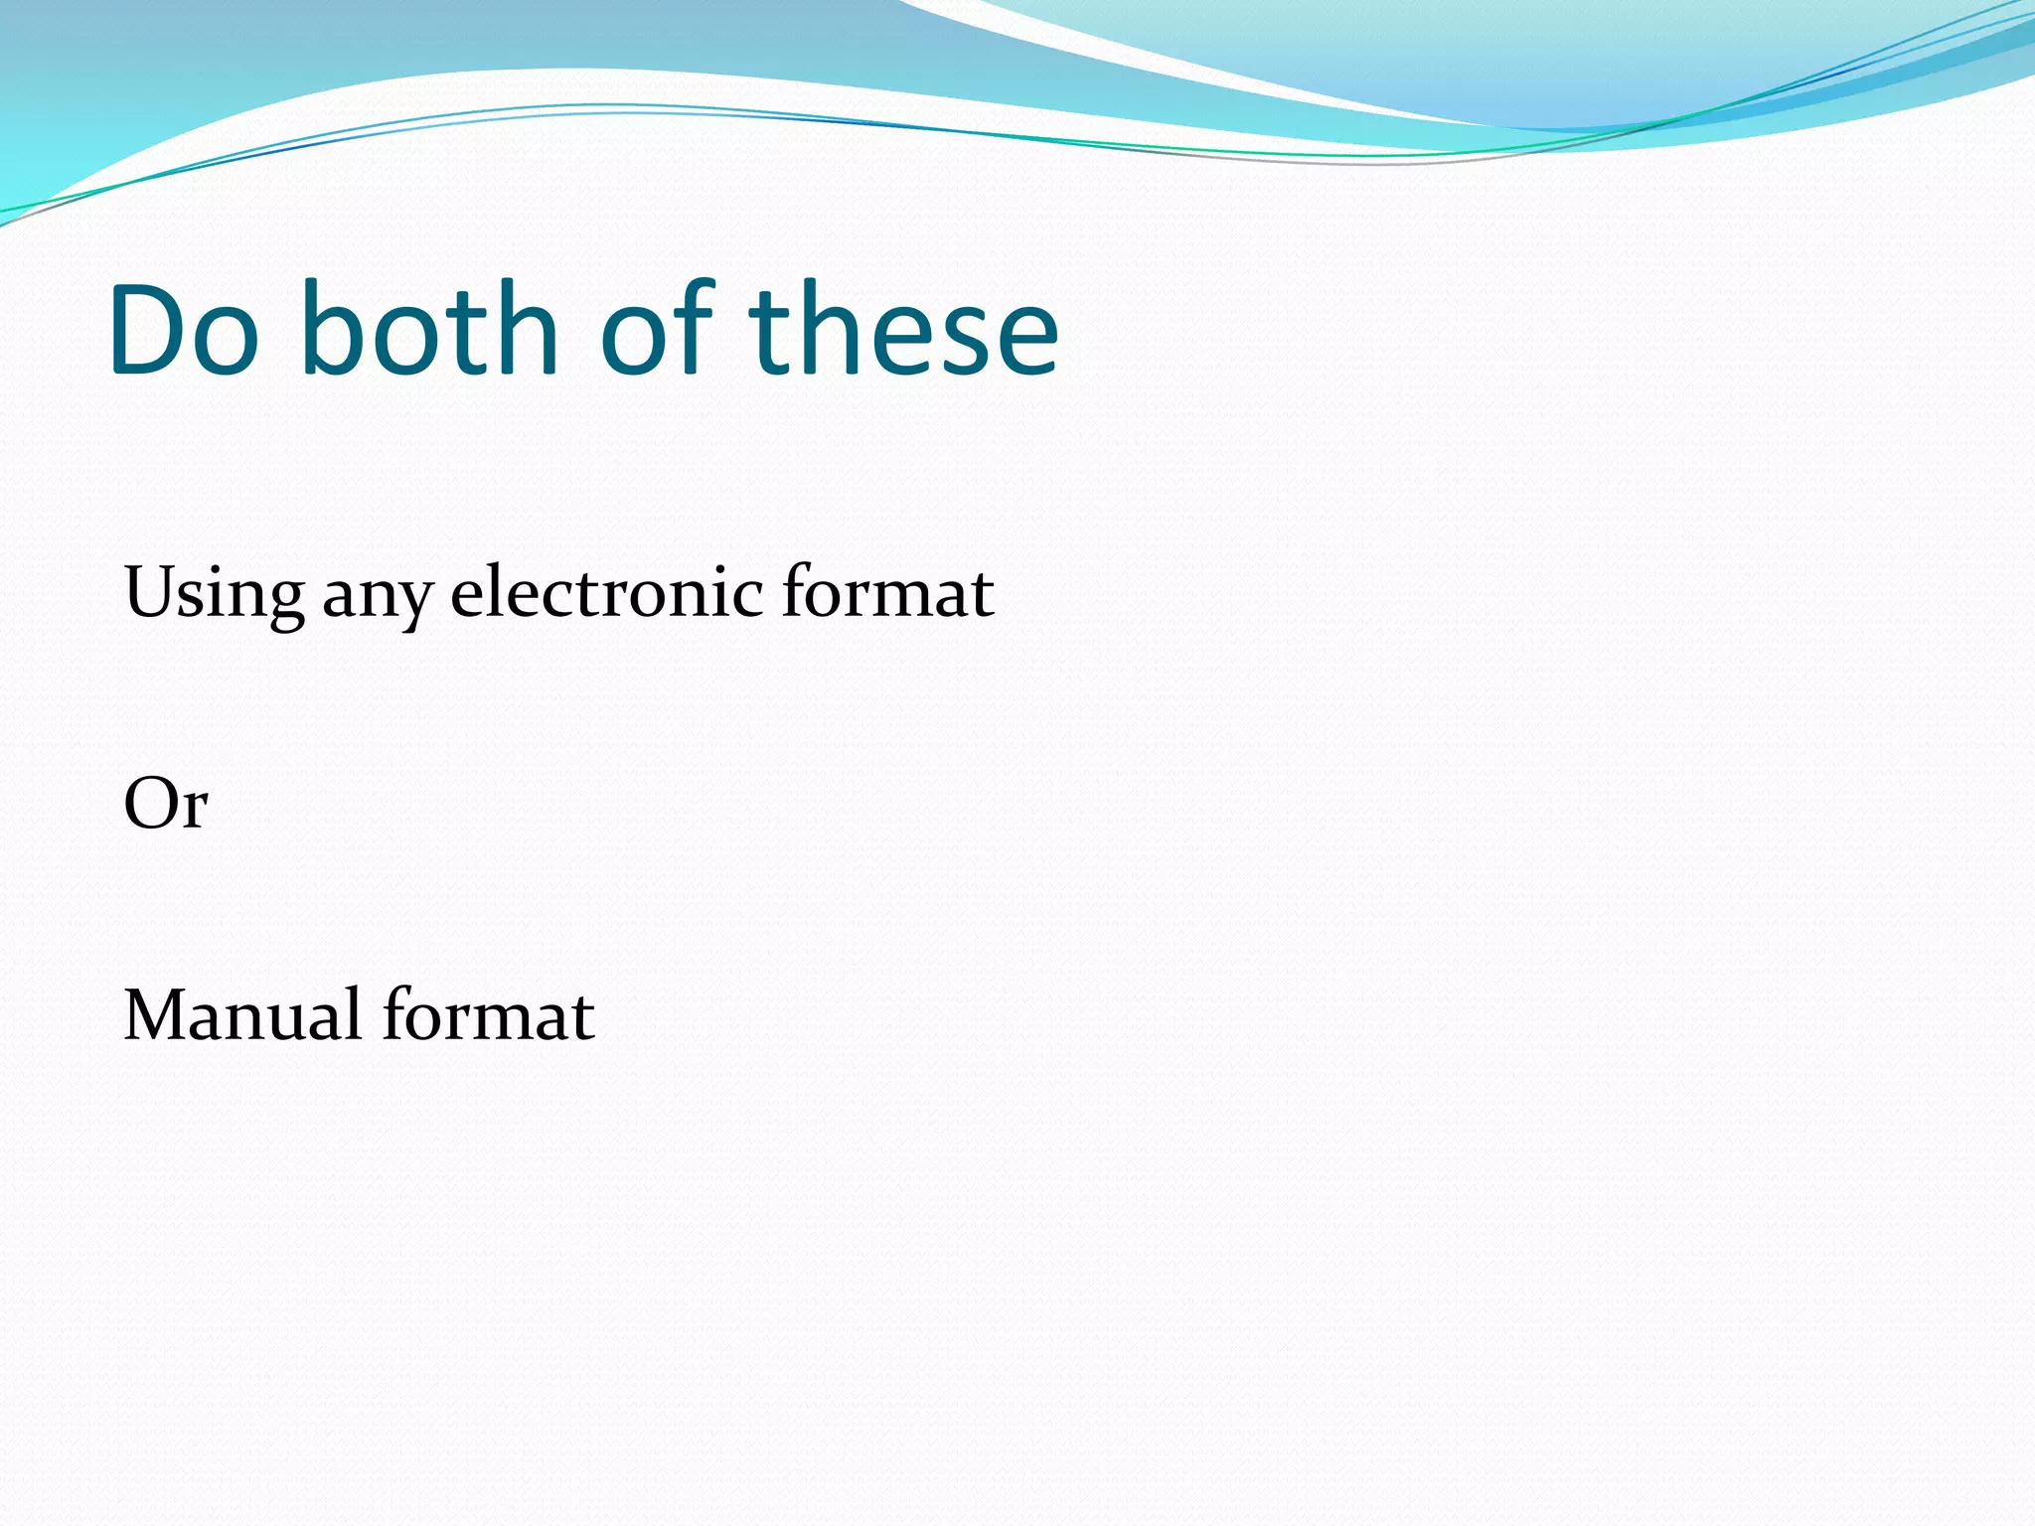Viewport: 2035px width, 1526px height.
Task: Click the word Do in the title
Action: coord(185,330)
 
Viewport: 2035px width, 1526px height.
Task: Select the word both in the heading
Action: coord(428,330)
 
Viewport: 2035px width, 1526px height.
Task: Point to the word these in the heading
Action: coord(903,330)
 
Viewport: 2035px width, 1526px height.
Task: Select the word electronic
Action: coord(607,593)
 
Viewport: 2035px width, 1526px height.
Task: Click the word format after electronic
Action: coord(887,593)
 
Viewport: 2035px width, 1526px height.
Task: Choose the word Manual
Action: coord(242,1015)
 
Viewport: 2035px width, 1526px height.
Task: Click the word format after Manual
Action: coord(488,1015)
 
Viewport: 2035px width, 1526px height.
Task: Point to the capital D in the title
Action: coord(149,330)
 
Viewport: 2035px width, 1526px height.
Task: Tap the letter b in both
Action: coord(327,330)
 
